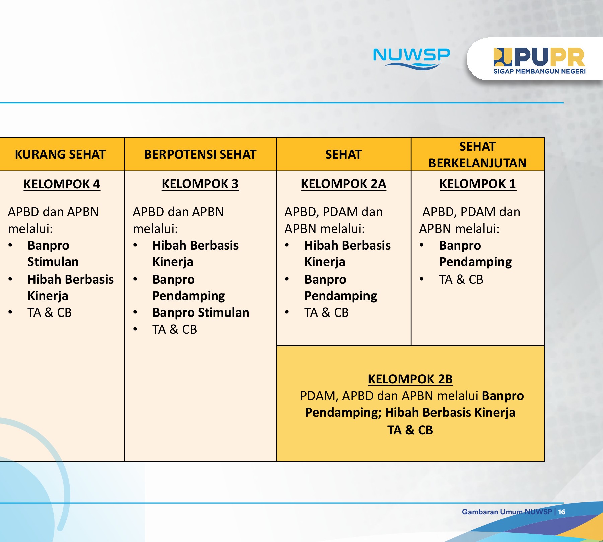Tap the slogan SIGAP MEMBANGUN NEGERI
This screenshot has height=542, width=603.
(x=539, y=71)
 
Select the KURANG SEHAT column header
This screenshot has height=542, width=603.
(x=60, y=154)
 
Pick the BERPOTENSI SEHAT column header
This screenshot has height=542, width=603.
(x=200, y=154)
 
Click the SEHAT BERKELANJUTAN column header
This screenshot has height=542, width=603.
(x=477, y=155)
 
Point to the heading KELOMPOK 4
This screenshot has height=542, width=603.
(x=62, y=184)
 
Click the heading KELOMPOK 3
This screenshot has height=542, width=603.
(x=200, y=184)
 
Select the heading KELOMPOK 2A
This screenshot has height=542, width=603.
(x=343, y=184)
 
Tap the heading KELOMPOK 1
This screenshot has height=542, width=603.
(x=477, y=184)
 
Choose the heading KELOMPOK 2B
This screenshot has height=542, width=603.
(x=410, y=379)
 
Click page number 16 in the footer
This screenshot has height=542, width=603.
(x=562, y=512)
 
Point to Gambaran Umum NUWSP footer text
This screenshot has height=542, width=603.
(x=507, y=512)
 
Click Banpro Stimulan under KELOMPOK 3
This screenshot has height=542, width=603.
(x=201, y=312)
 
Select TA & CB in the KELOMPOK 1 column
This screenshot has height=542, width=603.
(x=461, y=279)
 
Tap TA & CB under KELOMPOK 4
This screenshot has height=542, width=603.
(x=50, y=312)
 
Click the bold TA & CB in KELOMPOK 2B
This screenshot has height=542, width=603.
(x=410, y=430)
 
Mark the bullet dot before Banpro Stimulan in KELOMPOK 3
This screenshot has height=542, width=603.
(x=135, y=312)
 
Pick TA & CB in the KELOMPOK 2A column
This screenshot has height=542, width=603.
(x=326, y=312)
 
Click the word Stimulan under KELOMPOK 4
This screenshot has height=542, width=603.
(x=53, y=262)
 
